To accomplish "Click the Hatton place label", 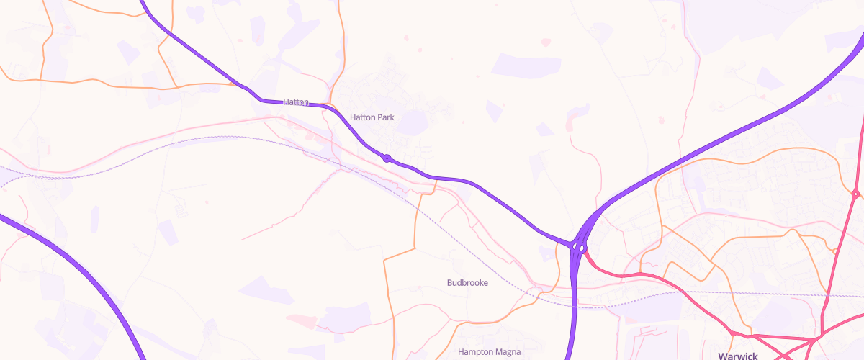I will click(296, 102).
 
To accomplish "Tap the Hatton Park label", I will click(372, 117).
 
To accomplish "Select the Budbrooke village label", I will click(467, 283).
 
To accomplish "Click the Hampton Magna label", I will click(489, 352).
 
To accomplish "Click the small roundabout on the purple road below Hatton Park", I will click(387, 158).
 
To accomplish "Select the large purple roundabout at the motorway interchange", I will click(578, 247).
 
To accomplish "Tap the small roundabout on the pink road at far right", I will click(855, 194).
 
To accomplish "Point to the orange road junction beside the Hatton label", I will click(329, 105).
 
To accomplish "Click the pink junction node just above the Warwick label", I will click(733, 333).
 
